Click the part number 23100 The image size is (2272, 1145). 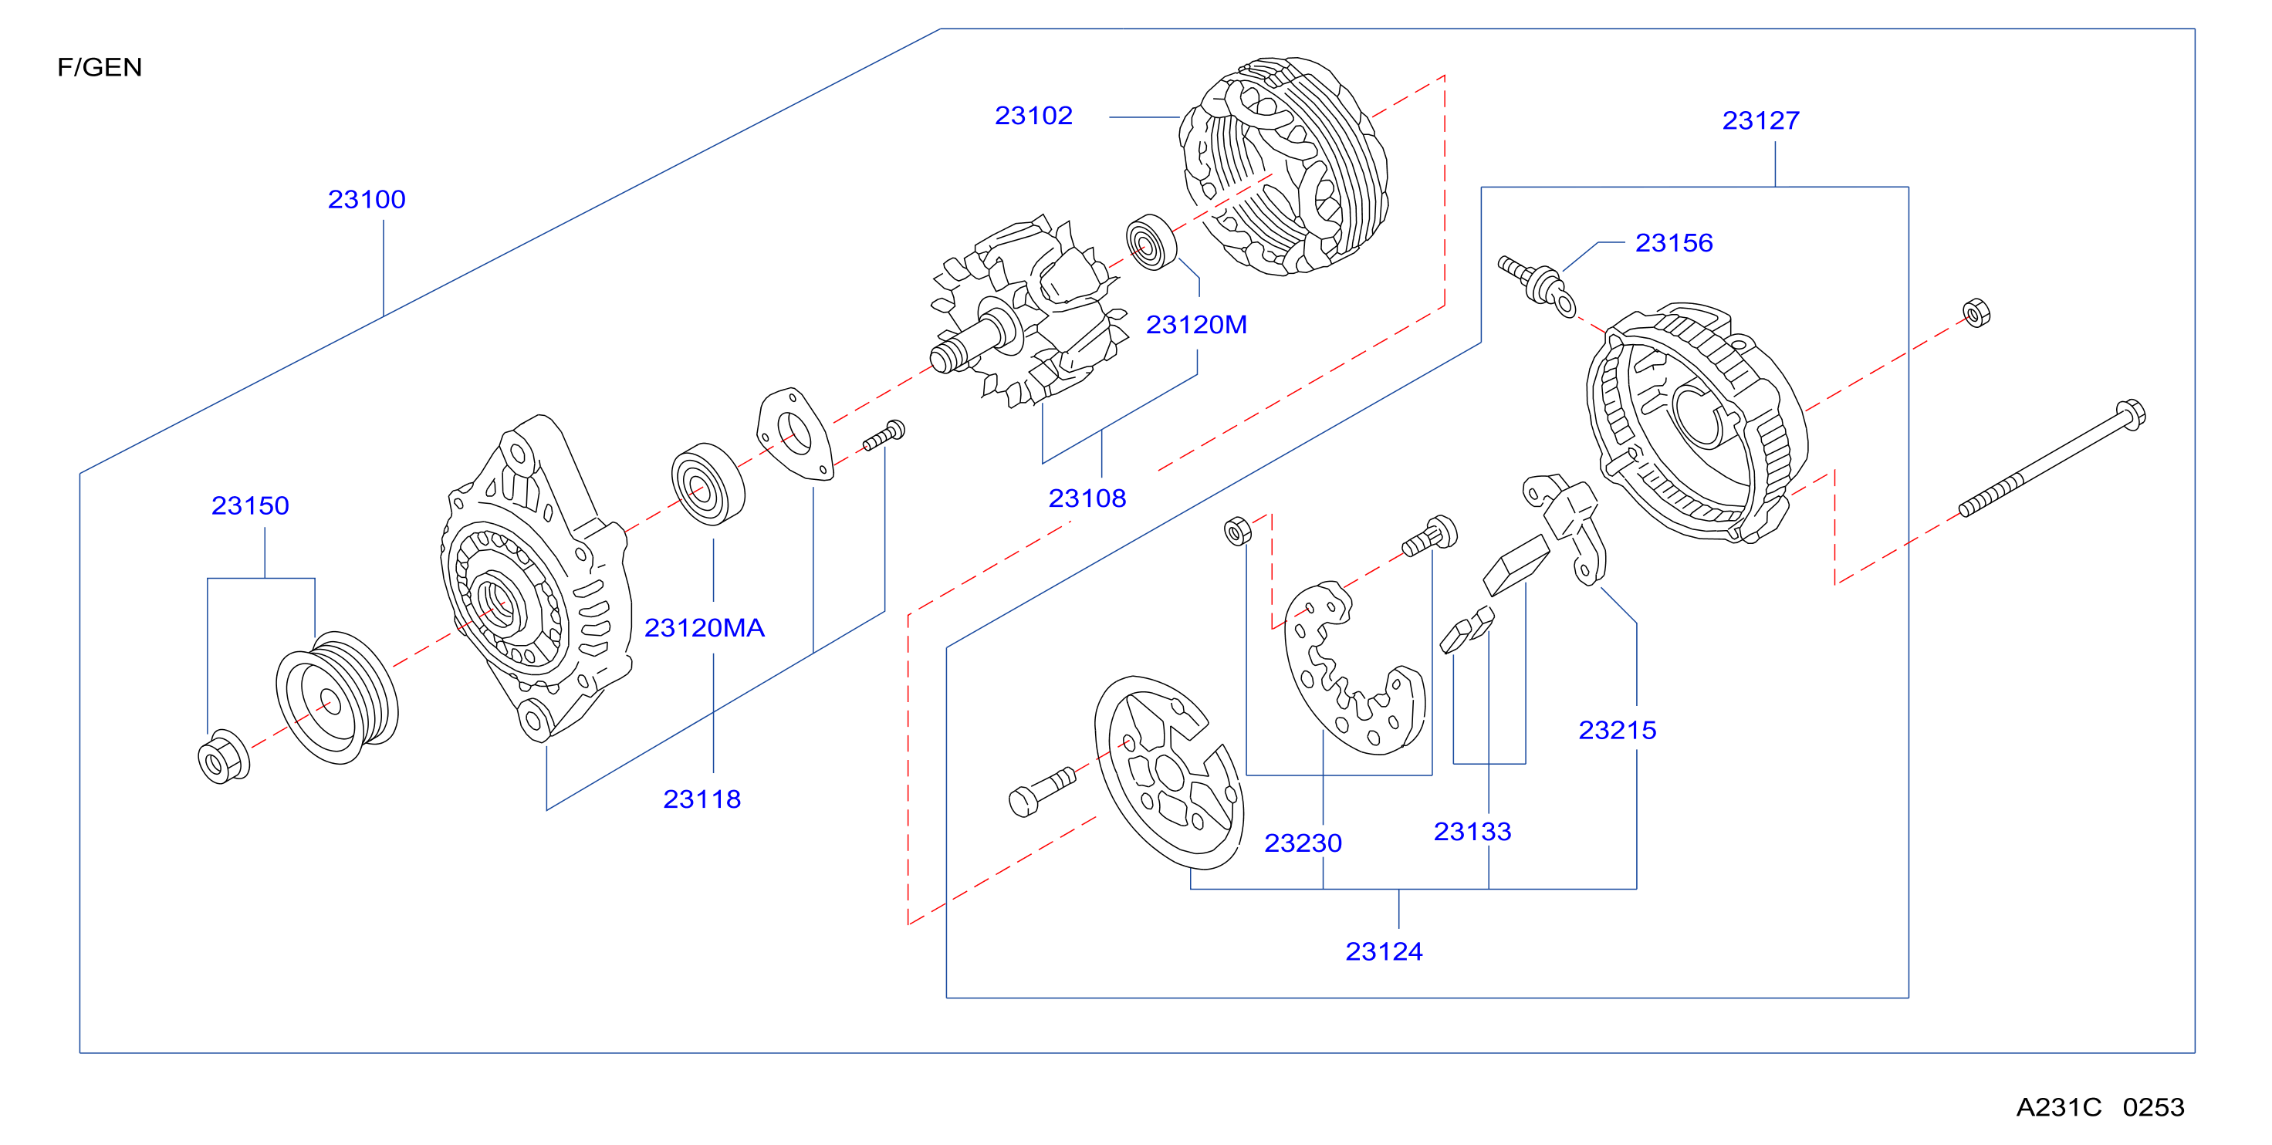coord(367,199)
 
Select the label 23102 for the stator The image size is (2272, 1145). coord(1033,116)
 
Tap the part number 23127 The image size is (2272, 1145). coord(1761,120)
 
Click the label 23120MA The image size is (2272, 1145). coord(704,627)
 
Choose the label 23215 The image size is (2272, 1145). coord(1618,730)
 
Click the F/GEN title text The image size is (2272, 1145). coord(100,67)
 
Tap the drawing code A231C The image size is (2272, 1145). coord(2058,1107)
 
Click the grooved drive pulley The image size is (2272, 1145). coord(338,697)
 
